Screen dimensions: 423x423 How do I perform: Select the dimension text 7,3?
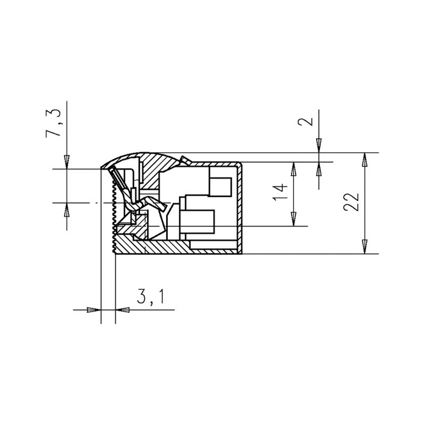coord(54,123)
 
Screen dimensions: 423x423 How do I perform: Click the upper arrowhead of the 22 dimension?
coord(365,160)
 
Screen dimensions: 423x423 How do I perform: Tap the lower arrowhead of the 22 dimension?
coord(365,247)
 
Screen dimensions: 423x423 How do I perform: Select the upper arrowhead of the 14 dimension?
coord(293,169)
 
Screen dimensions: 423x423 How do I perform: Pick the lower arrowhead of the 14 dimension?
coord(293,219)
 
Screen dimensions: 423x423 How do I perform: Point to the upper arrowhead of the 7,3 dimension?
coord(67,162)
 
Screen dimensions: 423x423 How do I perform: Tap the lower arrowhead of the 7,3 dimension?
coord(67,210)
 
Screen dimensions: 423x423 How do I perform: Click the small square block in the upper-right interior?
coord(220,187)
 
